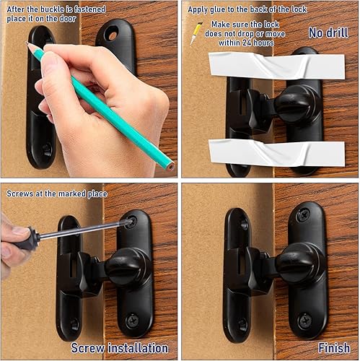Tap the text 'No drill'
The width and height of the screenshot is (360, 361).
click(x=328, y=33)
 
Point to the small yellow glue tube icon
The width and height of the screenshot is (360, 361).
click(x=196, y=32)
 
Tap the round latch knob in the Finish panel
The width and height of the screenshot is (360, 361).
click(x=300, y=262)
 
